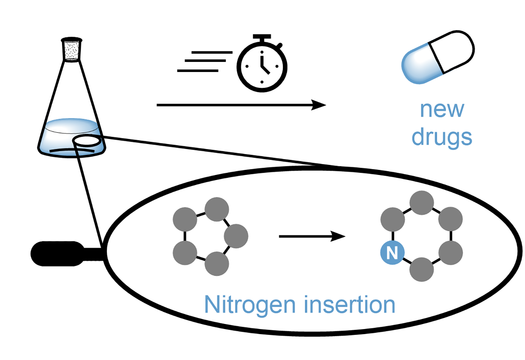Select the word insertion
pyautogui.click(x=350, y=305)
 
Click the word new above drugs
pyautogui.click(x=442, y=109)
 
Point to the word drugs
pyautogui.click(x=442, y=138)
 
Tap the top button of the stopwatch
pyautogui.click(x=262, y=37)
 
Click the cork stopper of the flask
pyautogui.click(x=72, y=49)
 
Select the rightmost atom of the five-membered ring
pyautogui.click(x=236, y=236)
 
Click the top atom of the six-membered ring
pyautogui.click(x=422, y=203)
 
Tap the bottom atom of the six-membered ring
pyautogui.click(x=422, y=269)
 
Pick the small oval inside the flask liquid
pyautogui.click(x=87, y=141)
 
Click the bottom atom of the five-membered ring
pyautogui.click(x=217, y=264)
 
